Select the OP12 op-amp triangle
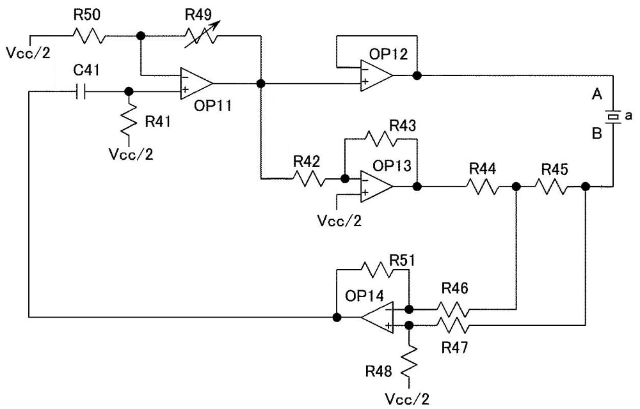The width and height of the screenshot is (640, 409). [374, 75]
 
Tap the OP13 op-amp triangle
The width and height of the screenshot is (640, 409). [375, 186]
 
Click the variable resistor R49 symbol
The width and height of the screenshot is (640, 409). [201, 36]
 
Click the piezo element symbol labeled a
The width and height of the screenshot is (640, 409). [613, 117]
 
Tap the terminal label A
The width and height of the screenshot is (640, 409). [596, 95]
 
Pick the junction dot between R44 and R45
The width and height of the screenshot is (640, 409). [516, 186]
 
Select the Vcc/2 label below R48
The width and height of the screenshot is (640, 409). [408, 399]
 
